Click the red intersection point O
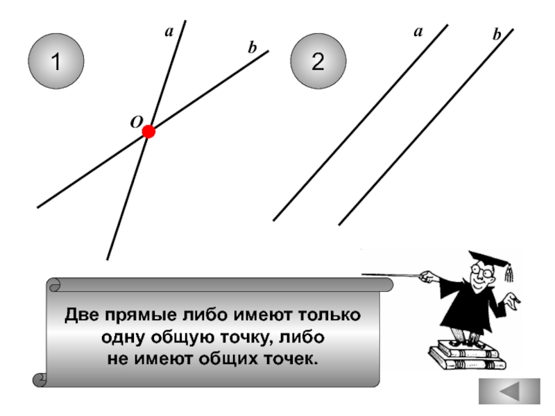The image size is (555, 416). (x=148, y=132)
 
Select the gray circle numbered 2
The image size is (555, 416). (x=318, y=62)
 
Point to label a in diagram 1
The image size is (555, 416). (x=169, y=31)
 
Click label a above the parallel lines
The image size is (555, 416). (x=418, y=31)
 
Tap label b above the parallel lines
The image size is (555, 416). (x=497, y=34)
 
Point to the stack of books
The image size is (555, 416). (x=463, y=355)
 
